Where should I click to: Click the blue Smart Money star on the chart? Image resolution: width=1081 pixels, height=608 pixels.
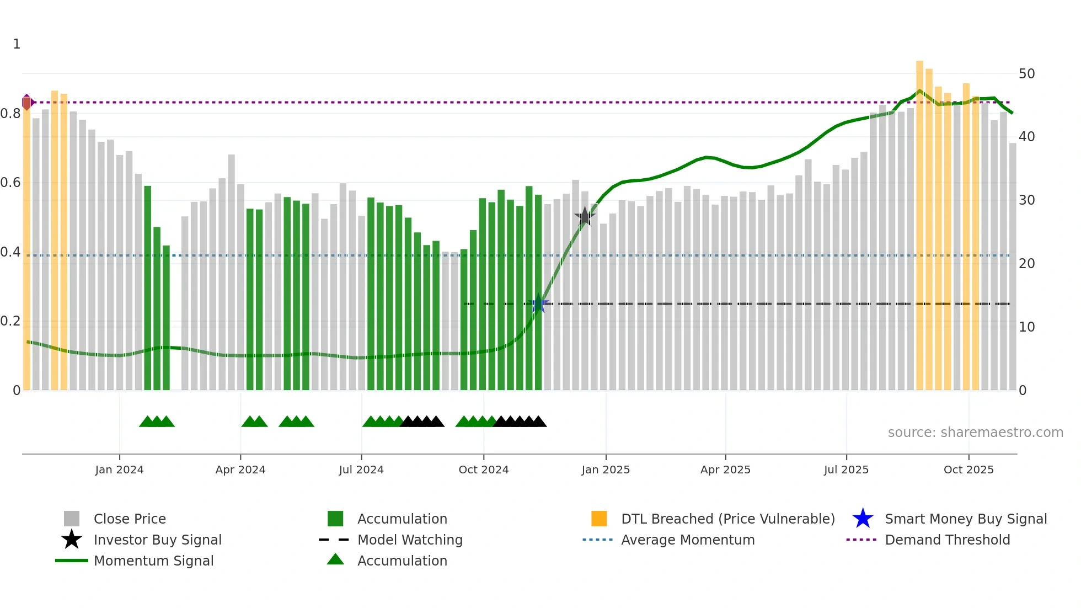point(539,304)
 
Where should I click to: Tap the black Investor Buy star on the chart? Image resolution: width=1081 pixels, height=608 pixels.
point(585,217)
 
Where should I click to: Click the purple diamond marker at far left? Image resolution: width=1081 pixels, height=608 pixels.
point(27,102)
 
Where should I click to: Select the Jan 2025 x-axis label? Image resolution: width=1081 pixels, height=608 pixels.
point(606,470)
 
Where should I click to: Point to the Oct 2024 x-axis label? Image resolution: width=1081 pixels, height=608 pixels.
point(484,470)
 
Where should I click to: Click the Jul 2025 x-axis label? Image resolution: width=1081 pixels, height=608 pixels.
point(846,470)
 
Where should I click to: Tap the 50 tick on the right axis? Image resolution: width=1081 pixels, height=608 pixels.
point(1026,74)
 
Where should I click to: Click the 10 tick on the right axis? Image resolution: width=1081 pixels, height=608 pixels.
point(1026,327)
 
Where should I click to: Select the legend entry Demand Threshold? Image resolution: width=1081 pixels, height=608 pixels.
point(947,540)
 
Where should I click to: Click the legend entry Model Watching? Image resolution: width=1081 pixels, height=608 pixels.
point(410,540)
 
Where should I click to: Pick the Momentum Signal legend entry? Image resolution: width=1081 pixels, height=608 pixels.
point(153,561)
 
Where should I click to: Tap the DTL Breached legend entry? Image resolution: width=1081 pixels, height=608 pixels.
point(727,519)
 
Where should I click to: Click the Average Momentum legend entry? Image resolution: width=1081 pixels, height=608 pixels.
point(688,540)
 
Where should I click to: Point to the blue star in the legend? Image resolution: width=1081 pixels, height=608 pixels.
point(863,519)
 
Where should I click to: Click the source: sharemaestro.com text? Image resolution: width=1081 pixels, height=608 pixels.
point(975,433)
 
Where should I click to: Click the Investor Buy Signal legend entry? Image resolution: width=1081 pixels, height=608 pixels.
point(157,540)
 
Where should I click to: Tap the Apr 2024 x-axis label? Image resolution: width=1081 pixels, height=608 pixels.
point(240,470)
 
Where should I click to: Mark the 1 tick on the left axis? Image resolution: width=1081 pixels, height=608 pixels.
point(17,44)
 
